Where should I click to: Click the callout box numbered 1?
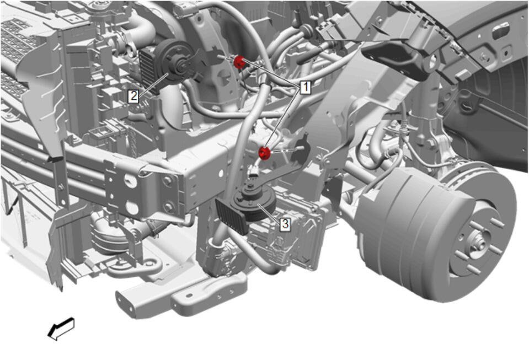(x=305, y=87)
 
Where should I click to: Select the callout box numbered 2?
(x=133, y=96)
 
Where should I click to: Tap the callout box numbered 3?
(x=285, y=223)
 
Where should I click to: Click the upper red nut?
(x=239, y=62)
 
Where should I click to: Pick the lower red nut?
(x=264, y=153)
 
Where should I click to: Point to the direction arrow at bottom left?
(x=61, y=329)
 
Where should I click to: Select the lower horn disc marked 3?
(x=253, y=204)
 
